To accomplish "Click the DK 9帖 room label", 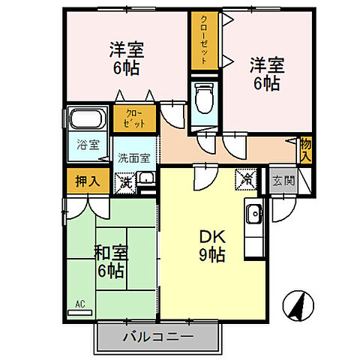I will (x=212, y=244).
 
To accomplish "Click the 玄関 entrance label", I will (x=283, y=180).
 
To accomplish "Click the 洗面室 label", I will (x=135, y=157).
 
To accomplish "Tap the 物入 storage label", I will (x=305, y=148).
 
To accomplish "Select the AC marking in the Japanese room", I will (x=79, y=304).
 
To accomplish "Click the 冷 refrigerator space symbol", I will (x=245, y=179).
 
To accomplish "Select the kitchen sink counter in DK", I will (x=253, y=215).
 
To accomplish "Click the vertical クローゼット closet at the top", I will (x=202, y=42).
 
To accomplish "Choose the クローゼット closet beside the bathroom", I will (x=135, y=118).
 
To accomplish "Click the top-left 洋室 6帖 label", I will (x=126, y=57).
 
